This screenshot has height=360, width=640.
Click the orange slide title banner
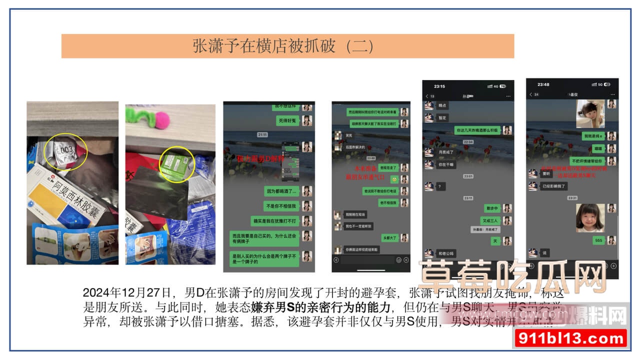[x=287, y=46]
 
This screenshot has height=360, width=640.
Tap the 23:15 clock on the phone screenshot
[x=439, y=85]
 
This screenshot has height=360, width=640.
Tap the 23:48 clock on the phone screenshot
[x=543, y=84]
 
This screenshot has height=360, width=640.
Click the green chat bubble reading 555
[x=598, y=240]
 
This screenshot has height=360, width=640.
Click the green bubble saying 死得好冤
[x=288, y=121]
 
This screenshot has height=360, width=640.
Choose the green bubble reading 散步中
[x=491, y=208]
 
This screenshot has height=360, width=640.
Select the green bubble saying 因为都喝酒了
[x=281, y=191]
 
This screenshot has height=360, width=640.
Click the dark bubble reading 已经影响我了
[x=554, y=186]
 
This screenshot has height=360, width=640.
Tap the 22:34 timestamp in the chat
[x=467, y=142]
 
